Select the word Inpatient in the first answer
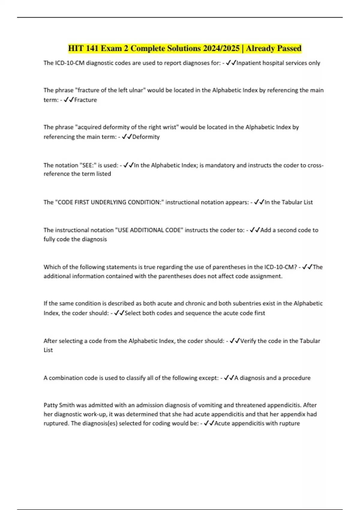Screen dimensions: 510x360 [x=249, y=63]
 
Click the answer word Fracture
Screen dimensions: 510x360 [x=85, y=100]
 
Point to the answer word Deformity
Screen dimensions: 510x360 [x=146, y=137]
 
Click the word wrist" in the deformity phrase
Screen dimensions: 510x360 [x=170, y=127]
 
